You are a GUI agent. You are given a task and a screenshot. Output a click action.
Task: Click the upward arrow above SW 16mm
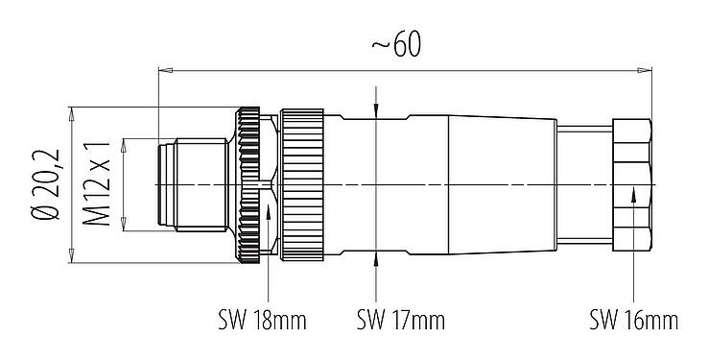coord(634,195)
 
